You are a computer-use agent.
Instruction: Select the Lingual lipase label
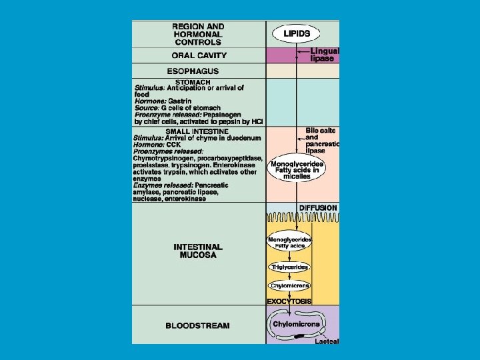click(325, 55)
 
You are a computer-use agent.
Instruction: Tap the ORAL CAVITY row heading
click(199, 55)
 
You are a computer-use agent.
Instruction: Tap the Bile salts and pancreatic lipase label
click(322, 140)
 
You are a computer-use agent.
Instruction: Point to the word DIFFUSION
click(317, 208)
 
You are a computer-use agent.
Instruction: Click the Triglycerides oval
click(289, 267)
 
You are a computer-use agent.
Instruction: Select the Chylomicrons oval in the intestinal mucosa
click(289, 286)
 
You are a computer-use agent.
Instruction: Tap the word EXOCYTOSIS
click(289, 301)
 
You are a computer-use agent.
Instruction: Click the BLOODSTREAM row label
click(197, 326)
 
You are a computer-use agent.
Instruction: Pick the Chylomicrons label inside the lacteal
click(297, 324)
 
